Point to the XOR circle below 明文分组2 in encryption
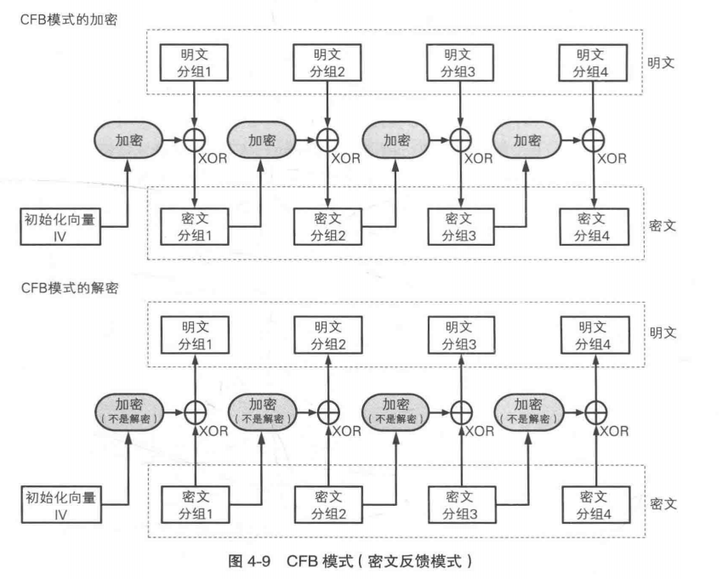(x=327, y=139)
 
